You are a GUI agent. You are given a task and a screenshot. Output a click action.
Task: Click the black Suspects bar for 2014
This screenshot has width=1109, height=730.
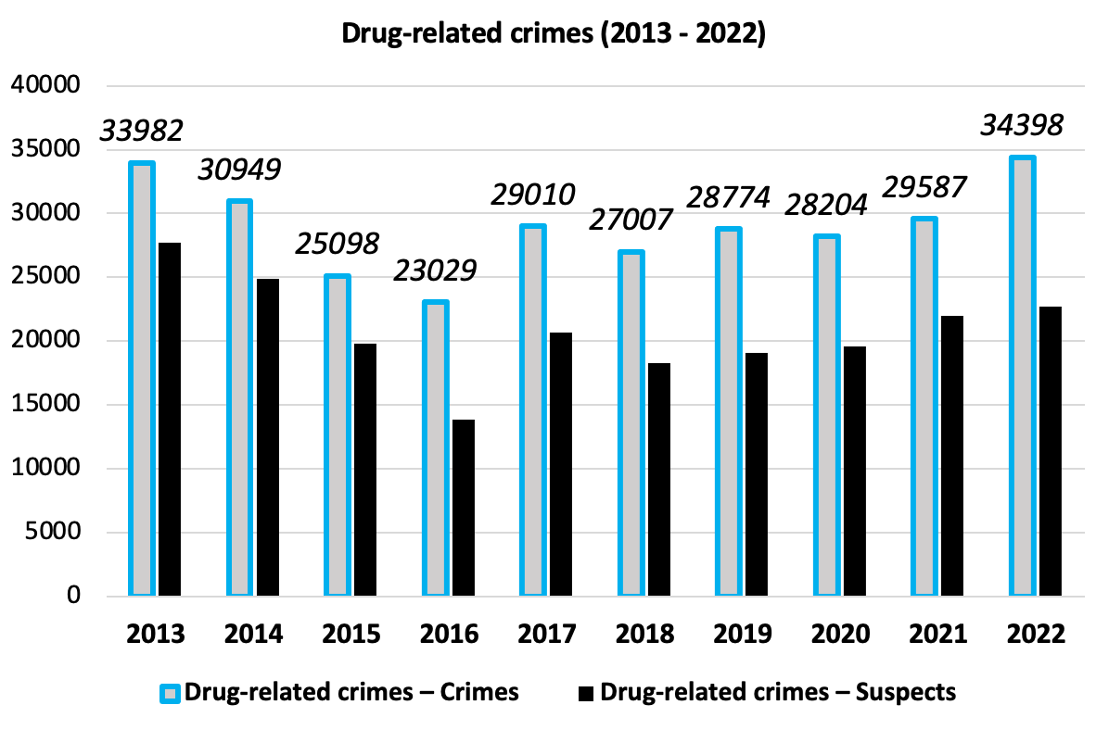[268, 435]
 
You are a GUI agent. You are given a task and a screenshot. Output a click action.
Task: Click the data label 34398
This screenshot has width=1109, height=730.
[1023, 124]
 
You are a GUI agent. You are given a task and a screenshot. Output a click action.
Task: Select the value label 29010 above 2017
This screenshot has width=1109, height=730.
[533, 194]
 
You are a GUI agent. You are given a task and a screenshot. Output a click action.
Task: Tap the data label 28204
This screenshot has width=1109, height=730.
[827, 204]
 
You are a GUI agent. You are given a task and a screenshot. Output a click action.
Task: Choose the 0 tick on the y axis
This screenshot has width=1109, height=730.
[72, 596]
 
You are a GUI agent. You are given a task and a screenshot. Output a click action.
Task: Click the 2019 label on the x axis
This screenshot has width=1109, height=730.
[743, 635]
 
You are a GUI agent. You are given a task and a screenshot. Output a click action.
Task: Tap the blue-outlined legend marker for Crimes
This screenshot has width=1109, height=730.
[170, 692]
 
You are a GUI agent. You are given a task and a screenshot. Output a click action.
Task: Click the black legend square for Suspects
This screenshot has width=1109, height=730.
[585, 692]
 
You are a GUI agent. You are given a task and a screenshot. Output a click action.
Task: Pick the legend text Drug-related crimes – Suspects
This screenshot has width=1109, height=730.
[777, 692]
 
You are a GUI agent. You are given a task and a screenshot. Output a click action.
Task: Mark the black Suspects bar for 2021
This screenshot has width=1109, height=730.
[952, 455]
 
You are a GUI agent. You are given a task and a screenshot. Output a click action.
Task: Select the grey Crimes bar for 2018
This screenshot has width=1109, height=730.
[631, 422]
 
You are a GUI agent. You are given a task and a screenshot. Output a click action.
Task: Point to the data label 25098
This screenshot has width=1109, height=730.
[338, 243]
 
